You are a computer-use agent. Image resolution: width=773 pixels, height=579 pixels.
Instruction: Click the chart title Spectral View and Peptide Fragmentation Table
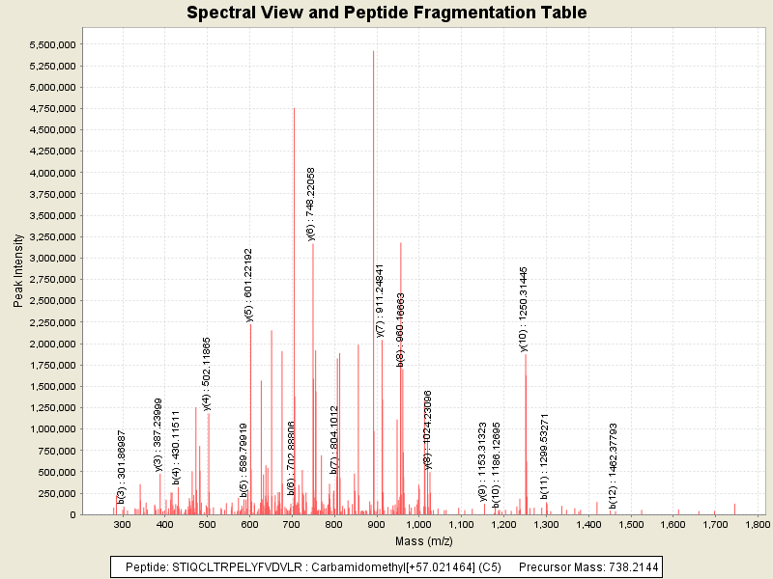pos(386,13)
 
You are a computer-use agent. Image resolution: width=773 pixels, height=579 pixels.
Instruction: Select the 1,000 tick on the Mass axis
pos(418,524)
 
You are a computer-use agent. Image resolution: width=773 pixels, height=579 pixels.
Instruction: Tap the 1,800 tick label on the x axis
pos(757,524)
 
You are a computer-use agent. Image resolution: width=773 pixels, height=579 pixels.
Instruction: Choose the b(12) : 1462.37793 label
pos(613,463)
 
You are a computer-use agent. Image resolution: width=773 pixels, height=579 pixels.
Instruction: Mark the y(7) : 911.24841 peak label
pos(380,300)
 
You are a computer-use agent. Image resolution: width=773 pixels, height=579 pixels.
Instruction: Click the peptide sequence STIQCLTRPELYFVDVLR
pos(232,567)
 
